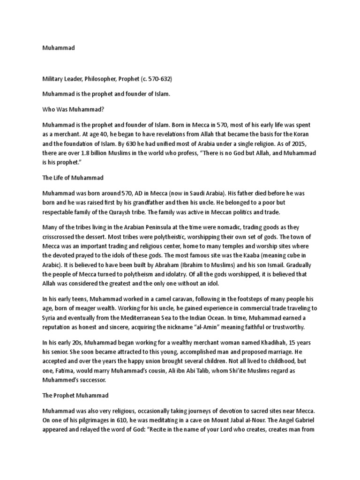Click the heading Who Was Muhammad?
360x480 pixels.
pos(73,109)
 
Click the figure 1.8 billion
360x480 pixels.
pos(96,153)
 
